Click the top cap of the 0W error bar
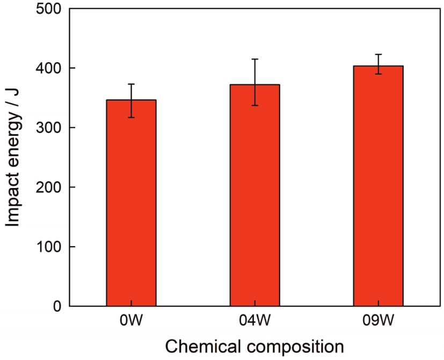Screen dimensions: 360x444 pos(131,84)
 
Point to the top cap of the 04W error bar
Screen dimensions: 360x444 pos(254,59)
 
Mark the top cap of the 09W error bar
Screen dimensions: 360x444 pos(378,54)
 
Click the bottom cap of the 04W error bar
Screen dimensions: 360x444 pos(254,105)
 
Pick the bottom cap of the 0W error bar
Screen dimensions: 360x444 pos(131,117)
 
